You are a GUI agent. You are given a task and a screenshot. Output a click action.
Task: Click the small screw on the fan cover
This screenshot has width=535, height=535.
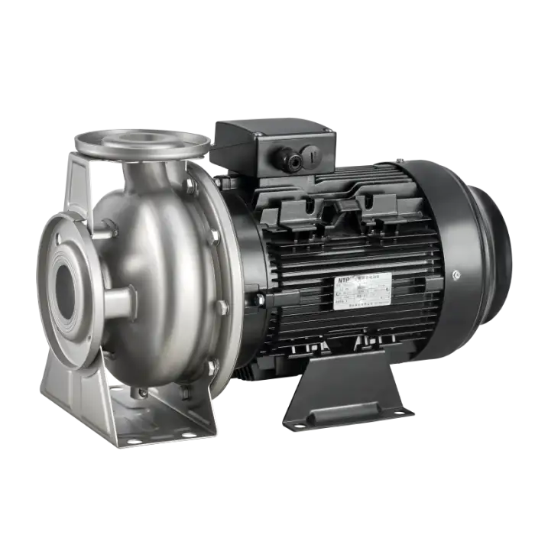[456, 273]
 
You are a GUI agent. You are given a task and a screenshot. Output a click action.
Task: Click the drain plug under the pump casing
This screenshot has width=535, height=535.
[142, 392]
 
